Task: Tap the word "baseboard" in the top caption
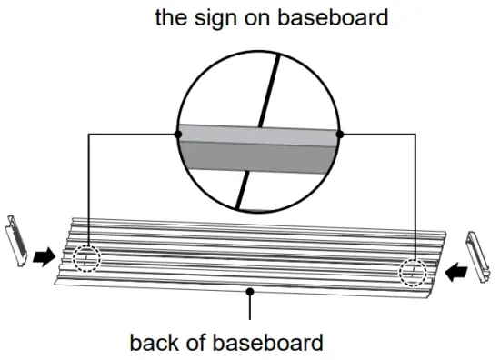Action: pyautogui.click(x=315, y=16)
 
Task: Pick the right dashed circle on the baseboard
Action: pyautogui.click(x=412, y=271)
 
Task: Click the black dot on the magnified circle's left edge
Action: pyautogui.click(x=176, y=134)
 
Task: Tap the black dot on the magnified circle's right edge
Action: pyautogui.click(x=339, y=134)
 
